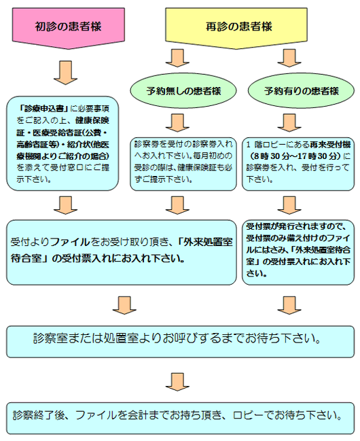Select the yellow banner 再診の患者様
pos(238,27)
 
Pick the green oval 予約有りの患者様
pos(292,90)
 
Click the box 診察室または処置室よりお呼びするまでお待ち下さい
pos(179,336)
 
